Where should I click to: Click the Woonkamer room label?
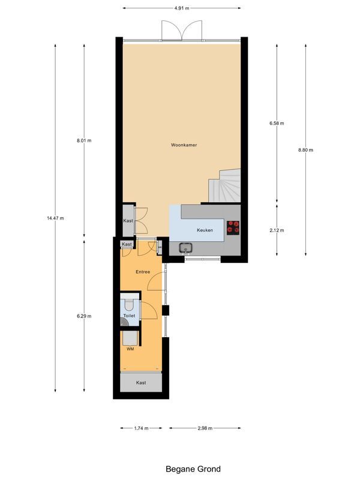point(184,145)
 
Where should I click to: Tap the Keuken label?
point(205,230)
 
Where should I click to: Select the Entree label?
point(143,272)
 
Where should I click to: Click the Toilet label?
point(129,316)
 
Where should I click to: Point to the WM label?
point(130,349)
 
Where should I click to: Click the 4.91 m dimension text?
point(181,8)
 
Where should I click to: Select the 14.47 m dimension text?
point(55,218)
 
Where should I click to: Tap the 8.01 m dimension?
point(84,140)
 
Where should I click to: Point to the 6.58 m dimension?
point(277,124)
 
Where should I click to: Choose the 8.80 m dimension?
point(305,150)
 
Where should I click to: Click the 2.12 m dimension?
point(277,230)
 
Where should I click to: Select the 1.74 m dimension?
point(141,428)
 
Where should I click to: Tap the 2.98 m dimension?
point(205,428)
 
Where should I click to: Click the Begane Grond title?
point(193,469)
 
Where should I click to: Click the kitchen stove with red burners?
point(233,227)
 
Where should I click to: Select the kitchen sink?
point(185,247)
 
